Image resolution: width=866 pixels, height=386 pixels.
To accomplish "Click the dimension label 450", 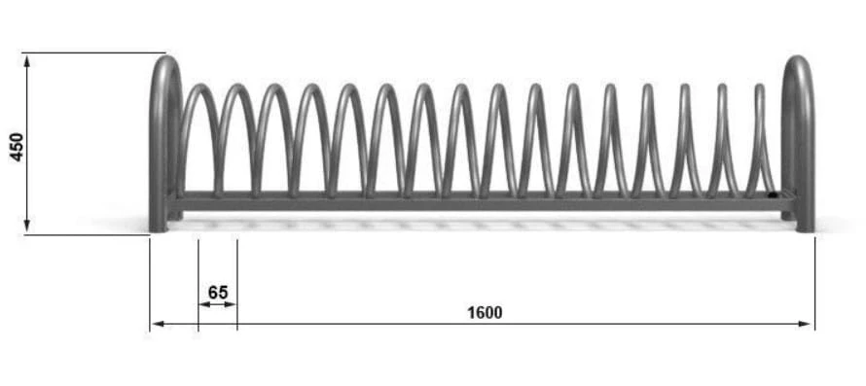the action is (18, 147).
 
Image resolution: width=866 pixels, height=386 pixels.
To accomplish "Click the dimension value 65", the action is (218, 292).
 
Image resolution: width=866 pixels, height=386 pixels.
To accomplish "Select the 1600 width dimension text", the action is (485, 313).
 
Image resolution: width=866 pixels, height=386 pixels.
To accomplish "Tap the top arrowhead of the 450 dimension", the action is (26, 59).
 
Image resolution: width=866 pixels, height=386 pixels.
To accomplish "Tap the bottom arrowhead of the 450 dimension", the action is (26, 227).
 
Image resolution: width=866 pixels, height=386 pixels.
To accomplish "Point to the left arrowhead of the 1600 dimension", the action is (158, 324).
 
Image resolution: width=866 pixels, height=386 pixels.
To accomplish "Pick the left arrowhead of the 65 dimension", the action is (203, 303).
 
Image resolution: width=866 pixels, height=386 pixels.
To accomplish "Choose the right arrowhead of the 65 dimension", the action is (232, 303).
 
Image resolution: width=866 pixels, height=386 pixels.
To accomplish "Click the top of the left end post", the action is (165, 57).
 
